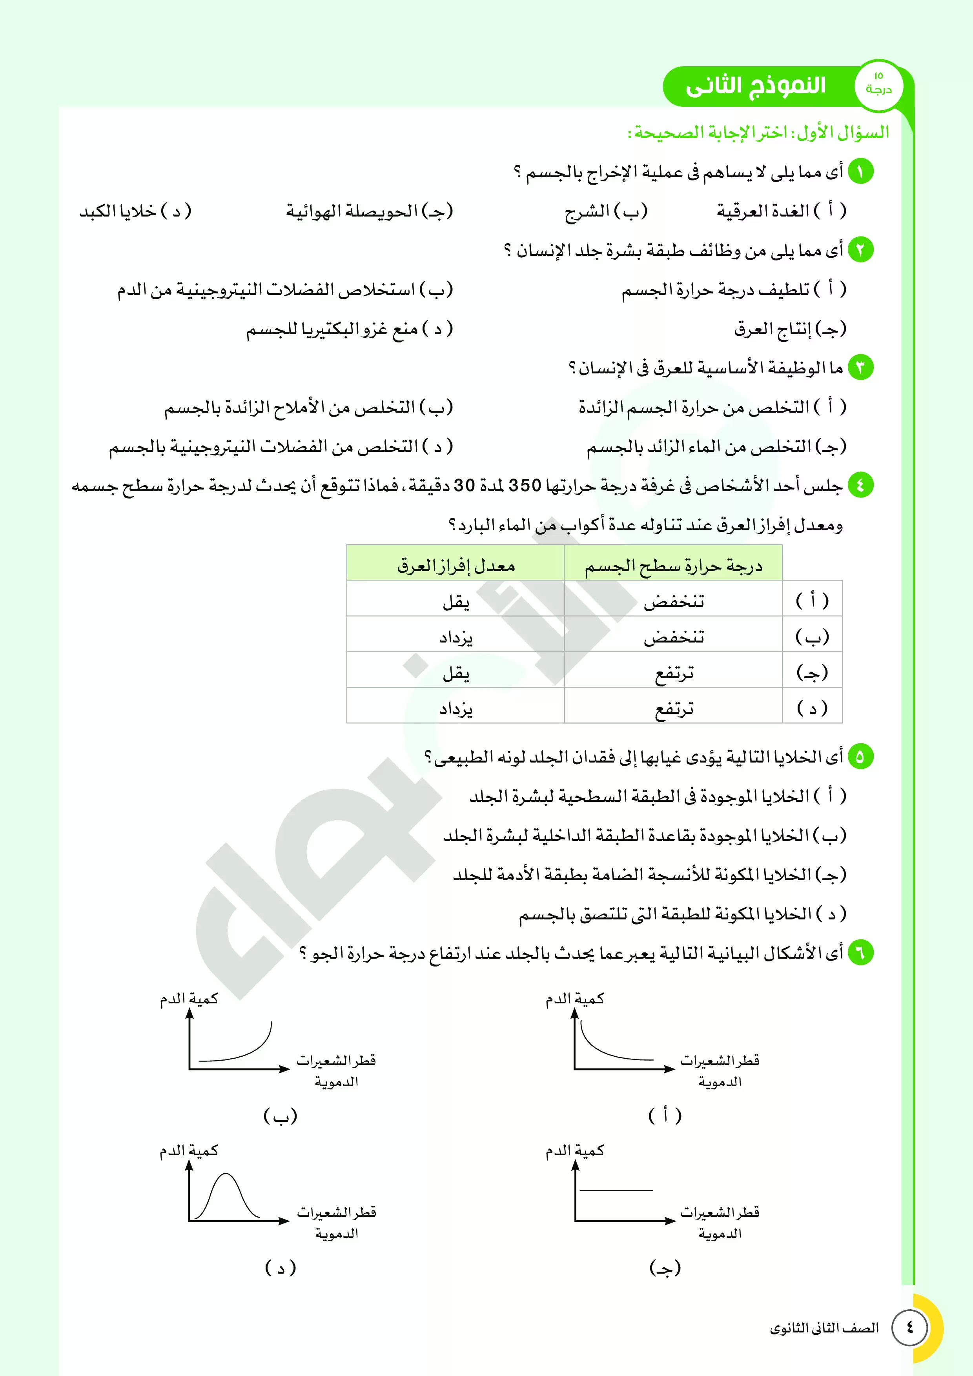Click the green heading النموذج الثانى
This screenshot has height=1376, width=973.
[755, 86]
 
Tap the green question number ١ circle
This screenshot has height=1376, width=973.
[860, 172]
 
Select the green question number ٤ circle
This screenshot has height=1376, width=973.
[860, 485]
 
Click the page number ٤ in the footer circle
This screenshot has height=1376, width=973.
[909, 1327]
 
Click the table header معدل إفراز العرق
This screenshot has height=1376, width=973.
[456, 565]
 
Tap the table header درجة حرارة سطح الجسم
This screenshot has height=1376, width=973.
[673, 565]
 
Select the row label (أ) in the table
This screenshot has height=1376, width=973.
[812, 601]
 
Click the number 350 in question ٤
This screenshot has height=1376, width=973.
[525, 486]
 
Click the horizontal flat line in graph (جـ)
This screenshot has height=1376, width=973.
[616, 1190]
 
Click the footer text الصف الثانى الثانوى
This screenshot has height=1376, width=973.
[824, 1328]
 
